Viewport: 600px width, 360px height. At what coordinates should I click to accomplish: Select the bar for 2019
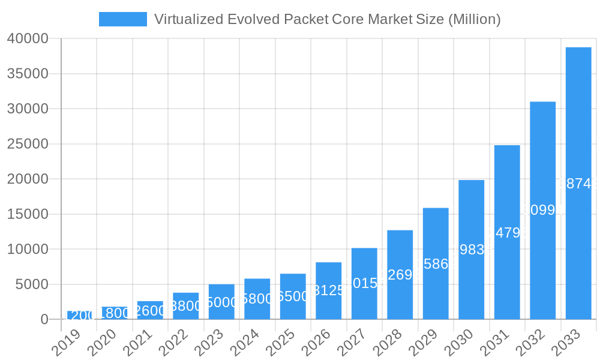[x=79, y=315]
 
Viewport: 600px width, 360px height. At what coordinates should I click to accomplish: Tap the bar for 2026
[x=328, y=290]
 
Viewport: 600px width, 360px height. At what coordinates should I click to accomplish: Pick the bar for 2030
[x=471, y=249]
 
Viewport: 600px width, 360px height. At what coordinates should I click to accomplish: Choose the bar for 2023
[x=221, y=301]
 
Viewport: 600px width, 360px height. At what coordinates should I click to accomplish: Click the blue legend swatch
[x=122, y=19]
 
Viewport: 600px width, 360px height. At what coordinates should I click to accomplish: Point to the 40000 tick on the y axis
[x=28, y=39]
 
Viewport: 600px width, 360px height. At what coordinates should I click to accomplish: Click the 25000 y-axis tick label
[x=28, y=144]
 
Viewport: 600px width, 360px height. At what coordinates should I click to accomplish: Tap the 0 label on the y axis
[x=44, y=320]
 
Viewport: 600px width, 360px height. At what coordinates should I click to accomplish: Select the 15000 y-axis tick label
[x=28, y=214]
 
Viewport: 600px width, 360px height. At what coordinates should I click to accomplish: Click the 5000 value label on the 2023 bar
[x=221, y=302]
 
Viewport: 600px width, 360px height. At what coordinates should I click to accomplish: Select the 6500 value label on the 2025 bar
[x=293, y=296]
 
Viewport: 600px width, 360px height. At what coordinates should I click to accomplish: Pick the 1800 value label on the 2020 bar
[x=114, y=313]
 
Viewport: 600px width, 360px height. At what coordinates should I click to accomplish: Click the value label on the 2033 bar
[x=578, y=184]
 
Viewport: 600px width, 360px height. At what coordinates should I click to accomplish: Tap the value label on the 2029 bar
[x=436, y=264]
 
